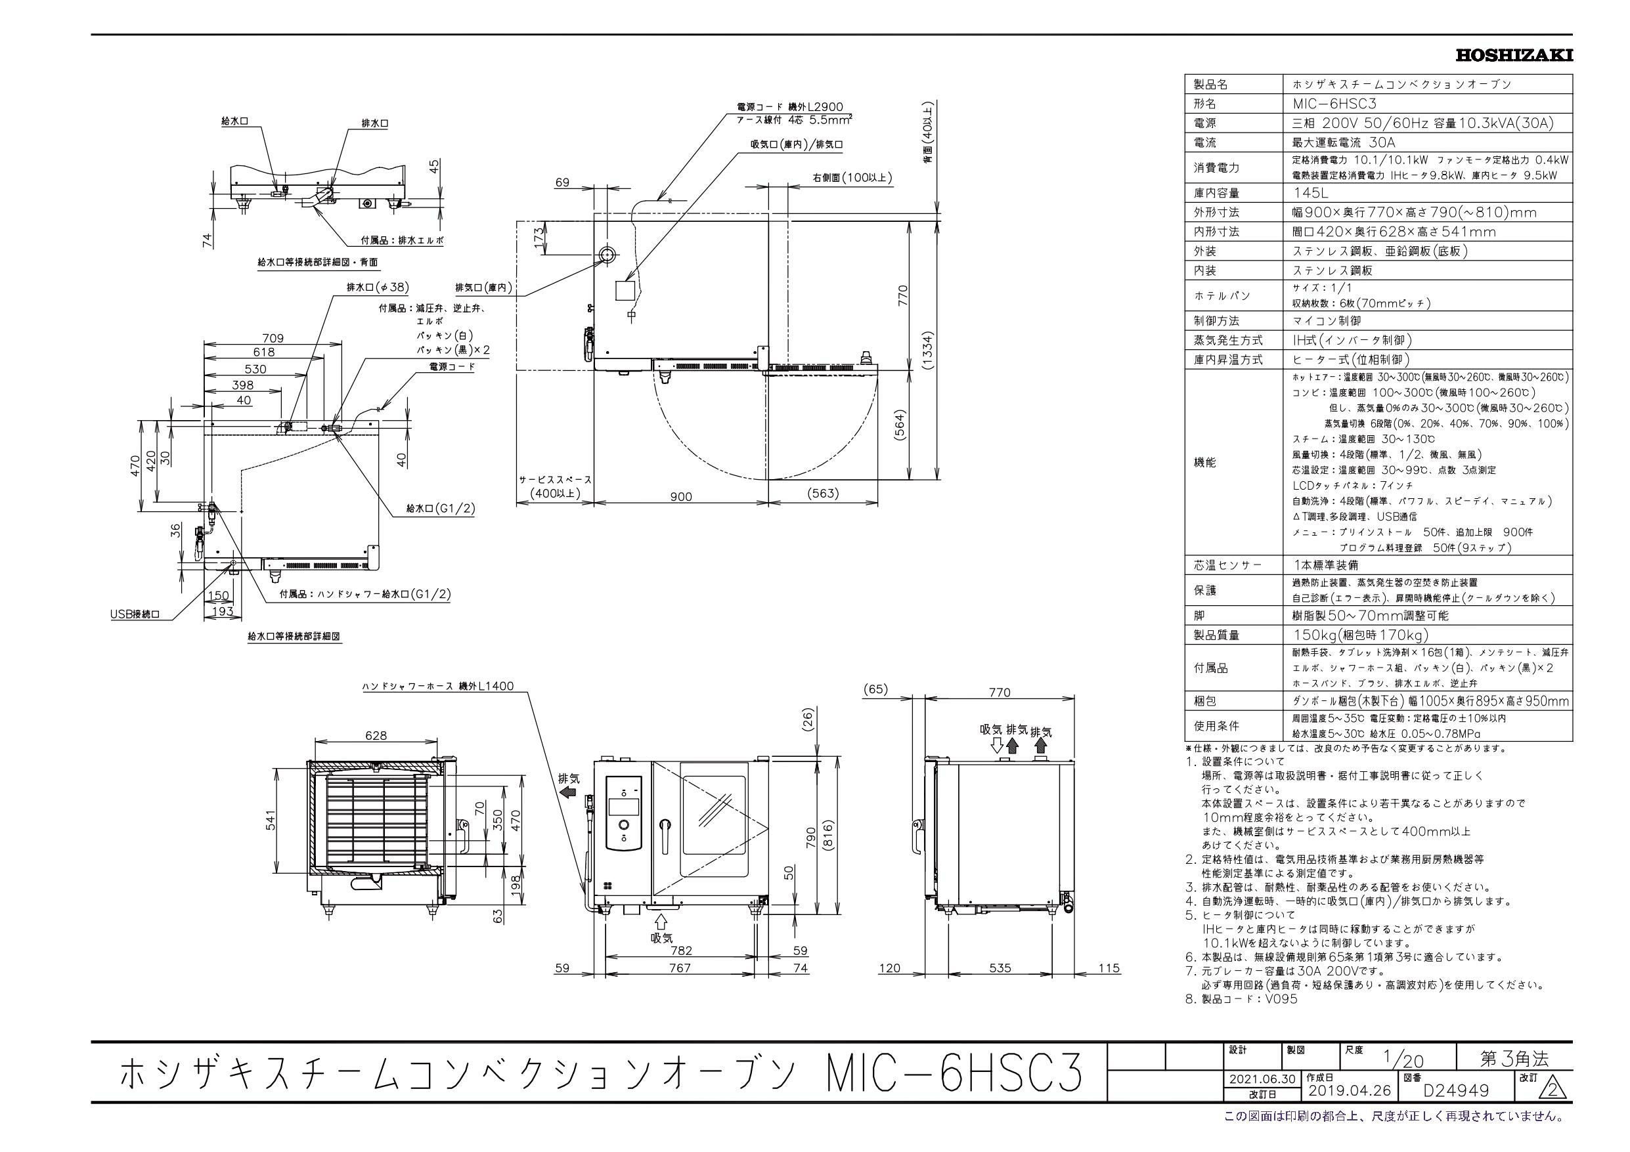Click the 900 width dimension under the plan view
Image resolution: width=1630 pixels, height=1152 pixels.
tap(680, 497)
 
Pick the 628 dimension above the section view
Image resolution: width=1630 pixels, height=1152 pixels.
tap(376, 735)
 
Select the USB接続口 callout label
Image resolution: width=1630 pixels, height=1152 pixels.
tap(135, 614)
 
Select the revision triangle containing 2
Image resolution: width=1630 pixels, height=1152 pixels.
tap(1554, 1110)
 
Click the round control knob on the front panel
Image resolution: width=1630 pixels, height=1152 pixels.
tap(623, 826)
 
